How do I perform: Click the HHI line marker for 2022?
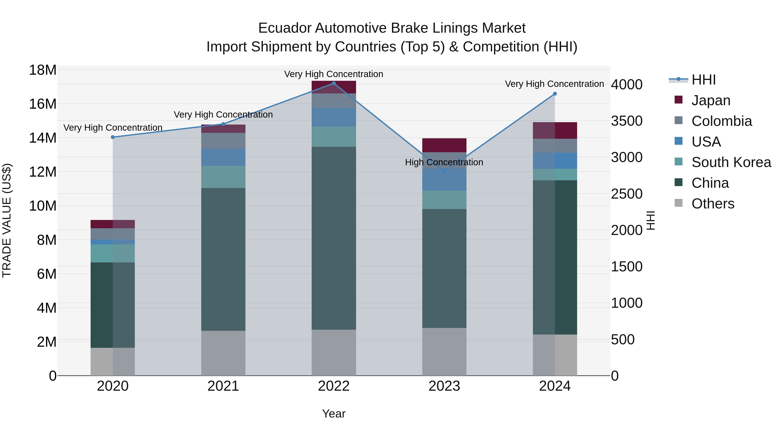point(334,83)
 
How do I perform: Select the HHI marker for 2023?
point(444,172)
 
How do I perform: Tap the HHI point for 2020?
point(113,137)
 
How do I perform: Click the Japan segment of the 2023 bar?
point(444,145)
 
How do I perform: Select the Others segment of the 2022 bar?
point(334,352)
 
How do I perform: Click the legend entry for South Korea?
point(731,162)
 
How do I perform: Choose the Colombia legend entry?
point(721,121)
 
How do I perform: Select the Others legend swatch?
point(678,203)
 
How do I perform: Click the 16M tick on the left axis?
point(43,104)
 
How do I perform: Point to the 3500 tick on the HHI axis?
point(627,121)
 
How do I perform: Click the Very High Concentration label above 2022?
point(334,74)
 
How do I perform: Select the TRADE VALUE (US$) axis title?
point(7,220)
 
